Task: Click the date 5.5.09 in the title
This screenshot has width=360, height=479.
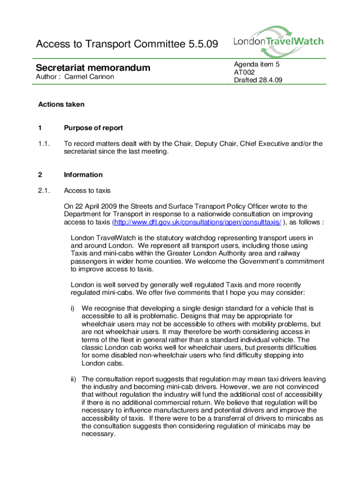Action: tap(202, 45)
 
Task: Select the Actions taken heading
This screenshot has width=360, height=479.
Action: tap(61, 104)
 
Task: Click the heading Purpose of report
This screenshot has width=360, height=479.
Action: tap(94, 128)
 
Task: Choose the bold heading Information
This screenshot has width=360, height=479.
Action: tap(83, 174)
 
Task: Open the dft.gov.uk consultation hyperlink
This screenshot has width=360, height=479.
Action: tap(198, 222)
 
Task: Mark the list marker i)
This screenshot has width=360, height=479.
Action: tap(73, 308)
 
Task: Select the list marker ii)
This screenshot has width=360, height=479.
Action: tap(73, 379)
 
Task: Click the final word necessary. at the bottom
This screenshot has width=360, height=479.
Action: tap(98, 434)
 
